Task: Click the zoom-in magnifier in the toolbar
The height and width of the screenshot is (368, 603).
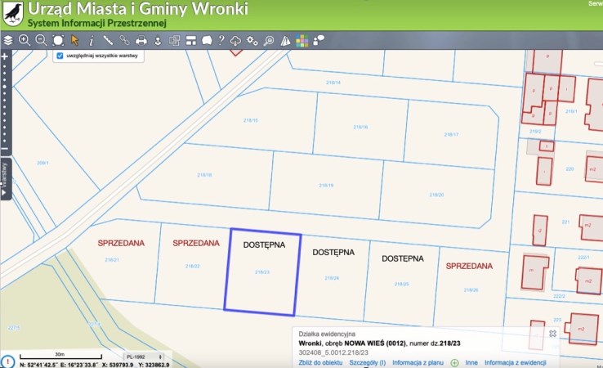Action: (x=25, y=39)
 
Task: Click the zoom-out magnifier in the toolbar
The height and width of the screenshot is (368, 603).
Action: (x=41, y=39)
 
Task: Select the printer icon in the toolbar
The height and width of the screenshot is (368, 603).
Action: (x=141, y=39)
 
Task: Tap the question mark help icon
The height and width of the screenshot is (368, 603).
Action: (x=221, y=39)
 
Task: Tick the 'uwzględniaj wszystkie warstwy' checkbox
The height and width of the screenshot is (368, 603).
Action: (x=60, y=56)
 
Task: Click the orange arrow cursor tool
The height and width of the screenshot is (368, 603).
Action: (x=74, y=39)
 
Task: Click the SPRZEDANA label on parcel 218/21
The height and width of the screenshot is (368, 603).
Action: (x=120, y=243)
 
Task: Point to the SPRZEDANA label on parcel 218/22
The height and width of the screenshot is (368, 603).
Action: (x=196, y=243)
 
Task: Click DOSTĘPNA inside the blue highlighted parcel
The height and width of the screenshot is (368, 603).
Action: (x=264, y=245)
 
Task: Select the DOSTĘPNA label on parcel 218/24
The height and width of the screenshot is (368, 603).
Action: (x=335, y=252)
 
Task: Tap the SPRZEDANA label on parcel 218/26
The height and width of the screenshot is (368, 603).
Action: (x=469, y=266)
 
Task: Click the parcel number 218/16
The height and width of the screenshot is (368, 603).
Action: (x=360, y=128)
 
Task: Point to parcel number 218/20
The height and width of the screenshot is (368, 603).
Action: (x=436, y=195)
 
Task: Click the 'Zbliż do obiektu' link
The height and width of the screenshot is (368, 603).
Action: (x=320, y=361)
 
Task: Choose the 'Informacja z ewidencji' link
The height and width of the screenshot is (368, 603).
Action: (x=521, y=361)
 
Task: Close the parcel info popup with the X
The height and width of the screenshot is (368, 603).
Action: (x=552, y=334)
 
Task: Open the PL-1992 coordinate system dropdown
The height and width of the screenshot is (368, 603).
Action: (x=137, y=357)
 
